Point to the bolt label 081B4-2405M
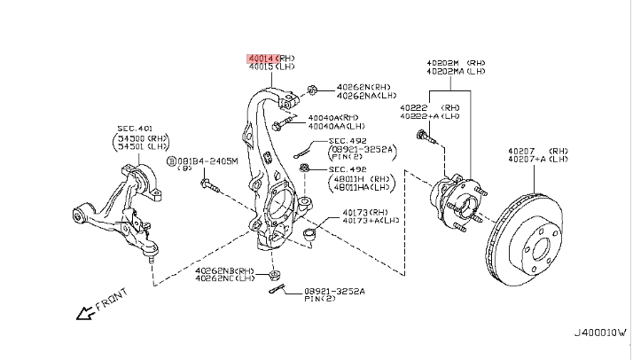click(x=205, y=161)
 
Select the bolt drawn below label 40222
click(x=429, y=136)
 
